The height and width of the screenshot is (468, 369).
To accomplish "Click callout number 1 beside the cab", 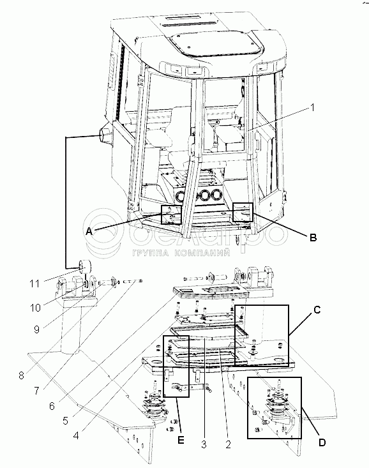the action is click(312, 107).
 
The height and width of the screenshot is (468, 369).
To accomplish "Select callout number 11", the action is click(34, 283).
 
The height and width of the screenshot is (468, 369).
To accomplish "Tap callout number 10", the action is click(35, 307).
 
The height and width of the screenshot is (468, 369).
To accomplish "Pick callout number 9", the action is click(36, 329).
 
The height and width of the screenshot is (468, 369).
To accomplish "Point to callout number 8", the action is click(21, 375).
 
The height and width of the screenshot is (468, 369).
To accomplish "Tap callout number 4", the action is click(76, 435).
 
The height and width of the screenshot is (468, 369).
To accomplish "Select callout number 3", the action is click(204, 444).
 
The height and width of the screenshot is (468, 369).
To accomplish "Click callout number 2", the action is click(228, 444).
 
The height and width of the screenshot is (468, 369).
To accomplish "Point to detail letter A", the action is click(89, 231).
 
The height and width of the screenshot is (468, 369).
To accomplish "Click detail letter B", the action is click(313, 238).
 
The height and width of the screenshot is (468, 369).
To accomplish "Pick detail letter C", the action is click(317, 310).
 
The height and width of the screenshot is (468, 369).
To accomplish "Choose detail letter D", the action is click(322, 442).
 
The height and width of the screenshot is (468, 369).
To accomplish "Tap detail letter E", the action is click(181, 441).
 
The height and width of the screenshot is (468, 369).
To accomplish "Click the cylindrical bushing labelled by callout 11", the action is click(84, 266).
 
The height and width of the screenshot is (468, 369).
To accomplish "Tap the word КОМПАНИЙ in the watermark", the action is click(202, 253).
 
